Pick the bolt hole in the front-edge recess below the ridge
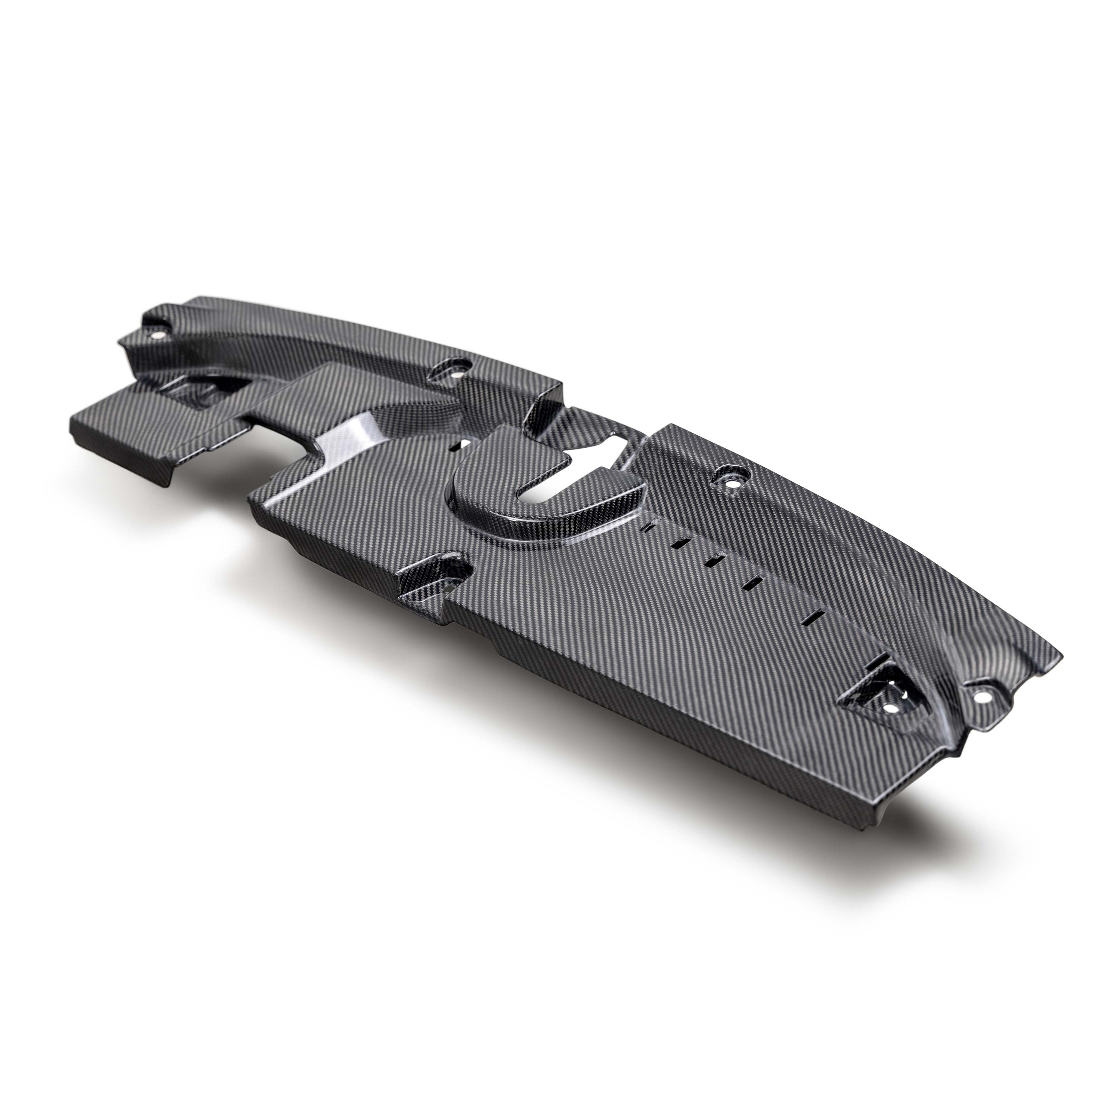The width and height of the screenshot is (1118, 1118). coord(449,569)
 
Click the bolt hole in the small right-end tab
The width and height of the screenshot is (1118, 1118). coord(980,699)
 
